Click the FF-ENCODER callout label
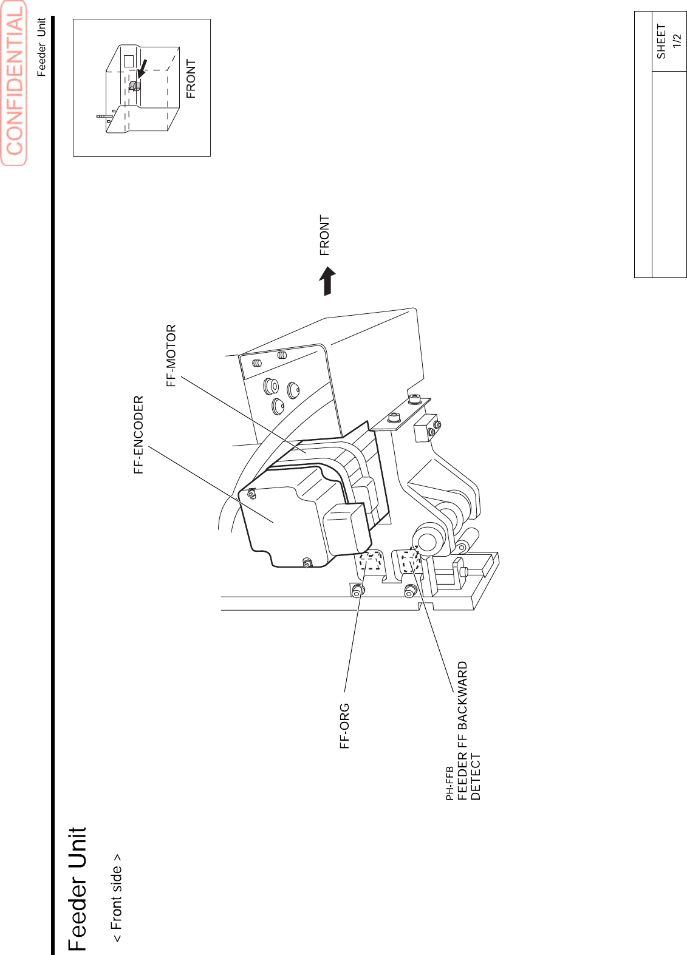(138, 434)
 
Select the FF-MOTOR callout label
(171, 355)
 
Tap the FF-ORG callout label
(344, 726)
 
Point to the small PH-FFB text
(449, 783)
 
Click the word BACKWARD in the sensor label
(462, 695)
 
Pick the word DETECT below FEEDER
(476, 777)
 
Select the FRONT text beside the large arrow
(324, 235)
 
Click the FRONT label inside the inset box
(191, 79)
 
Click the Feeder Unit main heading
(78, 889)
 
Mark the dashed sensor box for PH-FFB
(411, 562)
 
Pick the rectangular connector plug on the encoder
(346, 529)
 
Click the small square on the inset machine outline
(128, 61)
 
